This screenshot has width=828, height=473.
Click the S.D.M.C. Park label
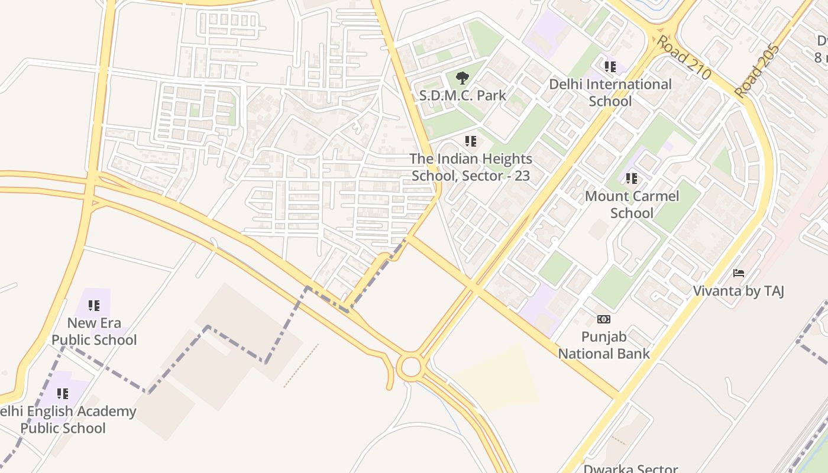[x=462, y=95]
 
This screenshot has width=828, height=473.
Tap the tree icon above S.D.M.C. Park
[x=462, y=77]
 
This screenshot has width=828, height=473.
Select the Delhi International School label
[x=610, y=93]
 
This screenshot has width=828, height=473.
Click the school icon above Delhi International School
[x=610, y=67]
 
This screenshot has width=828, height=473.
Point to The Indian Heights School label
[x=471, y=167]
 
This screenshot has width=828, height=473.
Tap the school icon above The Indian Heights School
[x=471, y=141]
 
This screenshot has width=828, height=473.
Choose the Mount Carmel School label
[x=632, y=205]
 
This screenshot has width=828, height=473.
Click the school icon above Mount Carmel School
[x=632, y=178]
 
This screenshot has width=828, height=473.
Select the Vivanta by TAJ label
[x=738, y=291]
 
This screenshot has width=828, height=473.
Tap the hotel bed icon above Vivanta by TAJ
[x=738, y=273]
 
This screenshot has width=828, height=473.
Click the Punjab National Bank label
[x=604, y=345]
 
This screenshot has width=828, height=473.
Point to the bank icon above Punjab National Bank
[x=604, y=319]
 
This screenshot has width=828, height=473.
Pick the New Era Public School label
[x=94, y=331]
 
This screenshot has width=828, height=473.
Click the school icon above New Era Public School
[x=94, y=306]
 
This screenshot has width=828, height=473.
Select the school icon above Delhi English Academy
[x=63, y=394]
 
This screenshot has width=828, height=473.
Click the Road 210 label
[x=684, y=58]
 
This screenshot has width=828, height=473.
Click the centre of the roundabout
[x=410, y=367]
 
